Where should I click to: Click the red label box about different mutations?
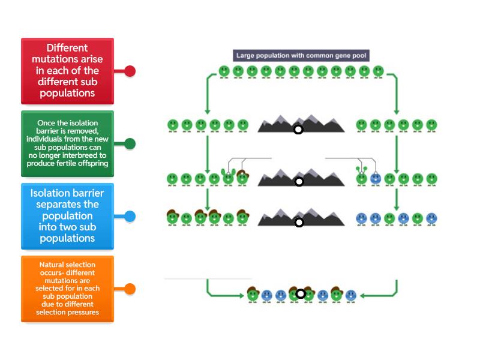click(x=67, y=71)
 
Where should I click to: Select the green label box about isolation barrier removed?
click(x=67, y=143)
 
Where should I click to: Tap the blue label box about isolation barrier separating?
click(x=67, y=216)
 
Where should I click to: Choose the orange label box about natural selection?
click(x=67, y=289)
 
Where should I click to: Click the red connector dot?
click(x=130, y=71)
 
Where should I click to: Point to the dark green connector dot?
click(x=130, y=143)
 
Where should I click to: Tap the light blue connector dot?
click(x=130, y=216)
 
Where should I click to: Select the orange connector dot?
click(x=130, y=289)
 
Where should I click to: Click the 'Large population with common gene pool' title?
click(x=301, y=56)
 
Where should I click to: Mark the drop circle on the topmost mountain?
click(x=298, y=129)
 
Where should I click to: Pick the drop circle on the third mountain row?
click(x=299, y=223)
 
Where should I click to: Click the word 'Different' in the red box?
click(x=67, y=48)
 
